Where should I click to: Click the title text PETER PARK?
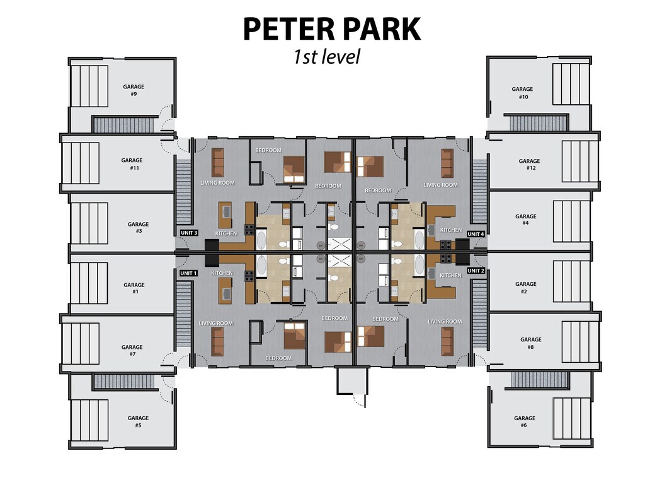tap(331, 29)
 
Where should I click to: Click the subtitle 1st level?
tap(326, 57)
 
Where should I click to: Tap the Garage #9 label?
tap(134, 90)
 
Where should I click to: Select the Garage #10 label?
tap(523, 93)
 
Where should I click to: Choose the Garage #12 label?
tap(529, 165)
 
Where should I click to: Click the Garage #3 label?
tap(138, 227)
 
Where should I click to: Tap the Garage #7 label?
tap(132, 350)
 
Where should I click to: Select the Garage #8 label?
tap(531, 343)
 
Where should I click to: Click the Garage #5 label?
tap(138, 421)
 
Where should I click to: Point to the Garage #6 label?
tap(524, 421)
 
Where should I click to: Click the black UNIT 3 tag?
tap(189, 233)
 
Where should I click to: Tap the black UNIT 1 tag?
tap(188, 273)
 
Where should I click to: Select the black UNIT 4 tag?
tap(476, 234)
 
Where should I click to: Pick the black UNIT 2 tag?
tap(476, 271)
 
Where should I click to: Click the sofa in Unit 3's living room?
tap(217, 161)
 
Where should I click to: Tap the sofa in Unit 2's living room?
tap(447, 341)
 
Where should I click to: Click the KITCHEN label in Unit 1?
tap(222, 273)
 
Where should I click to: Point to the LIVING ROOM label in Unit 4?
tap(440, 185)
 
